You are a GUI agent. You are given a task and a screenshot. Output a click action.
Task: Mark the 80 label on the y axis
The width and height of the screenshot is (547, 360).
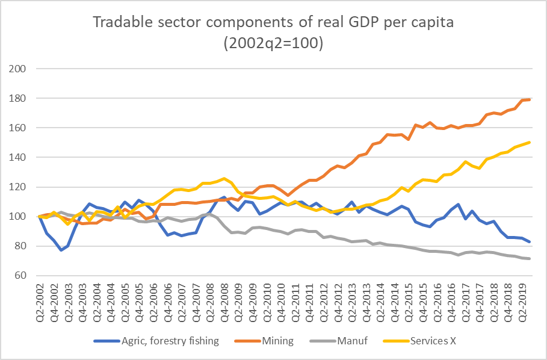tap(22, 246)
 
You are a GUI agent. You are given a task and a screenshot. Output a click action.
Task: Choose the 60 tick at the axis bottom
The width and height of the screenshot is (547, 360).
tap(22, 275)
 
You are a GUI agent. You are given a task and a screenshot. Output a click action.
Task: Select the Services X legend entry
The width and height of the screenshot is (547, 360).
tap(431, 341)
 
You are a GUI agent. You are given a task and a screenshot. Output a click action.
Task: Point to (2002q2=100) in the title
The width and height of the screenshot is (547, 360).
tap(273, 44)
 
